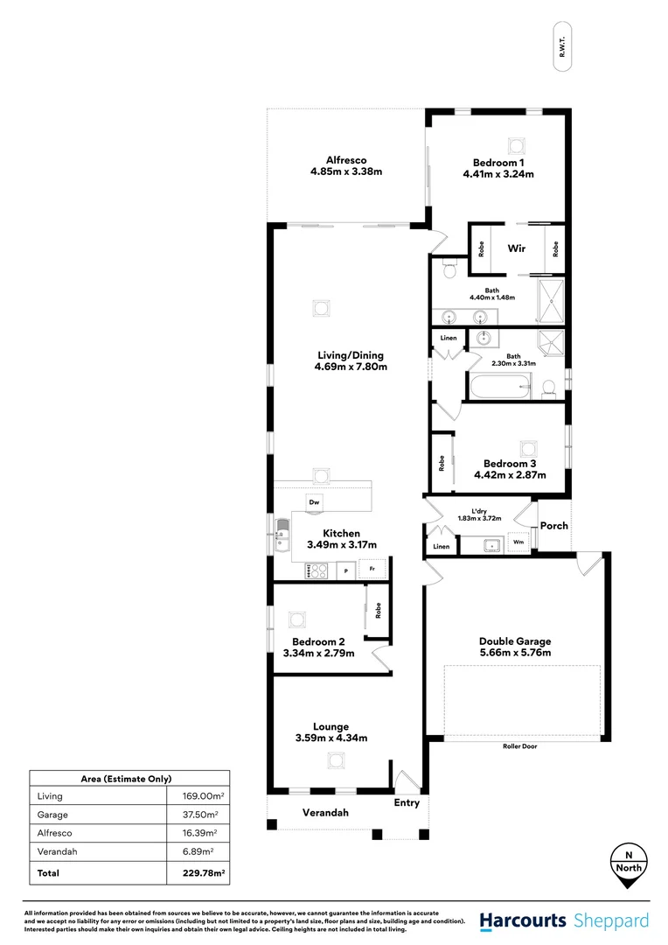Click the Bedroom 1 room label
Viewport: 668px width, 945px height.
(498, 162)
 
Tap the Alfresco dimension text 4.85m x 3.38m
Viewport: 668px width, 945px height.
(346, 171)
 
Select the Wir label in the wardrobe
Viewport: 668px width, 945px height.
(517, 248)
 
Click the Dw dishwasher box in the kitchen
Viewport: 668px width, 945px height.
(314, 501)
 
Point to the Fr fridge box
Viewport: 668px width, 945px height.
(372, 570)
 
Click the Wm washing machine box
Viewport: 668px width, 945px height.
(518, 542)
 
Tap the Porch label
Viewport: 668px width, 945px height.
(553, 526)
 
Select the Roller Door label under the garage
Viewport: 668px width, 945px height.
(521, 746)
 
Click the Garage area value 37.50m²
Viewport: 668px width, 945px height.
(206, 814)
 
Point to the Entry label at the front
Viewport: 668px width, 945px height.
(407, 802)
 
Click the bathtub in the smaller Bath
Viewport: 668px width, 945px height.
(498, 385)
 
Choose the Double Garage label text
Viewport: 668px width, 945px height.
(514, 640)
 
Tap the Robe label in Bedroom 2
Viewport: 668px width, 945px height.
(379, 610)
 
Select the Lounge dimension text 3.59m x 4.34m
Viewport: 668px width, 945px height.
(331, 738)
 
